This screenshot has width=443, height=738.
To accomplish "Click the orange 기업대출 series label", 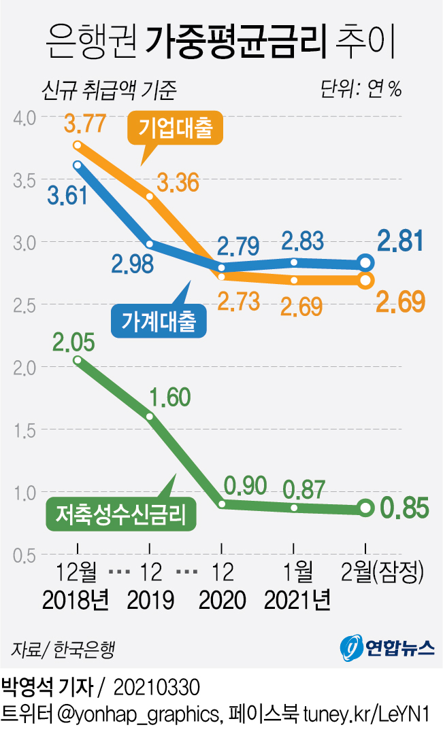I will [176, 128].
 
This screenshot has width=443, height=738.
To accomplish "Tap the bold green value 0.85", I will [405, 508].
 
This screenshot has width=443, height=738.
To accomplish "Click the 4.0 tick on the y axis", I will [25, 118].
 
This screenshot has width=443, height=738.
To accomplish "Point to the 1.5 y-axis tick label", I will [25, 430].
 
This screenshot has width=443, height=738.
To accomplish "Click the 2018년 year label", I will [76, 599].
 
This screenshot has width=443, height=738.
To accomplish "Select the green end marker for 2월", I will [365, 508].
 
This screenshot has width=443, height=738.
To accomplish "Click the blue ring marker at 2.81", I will [365, 264].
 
